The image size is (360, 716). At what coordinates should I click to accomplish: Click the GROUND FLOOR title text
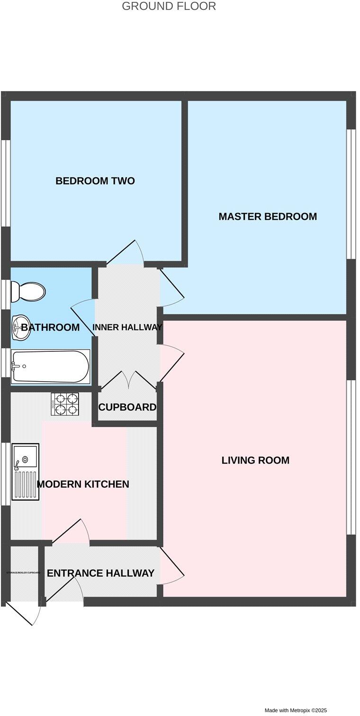point(169,7)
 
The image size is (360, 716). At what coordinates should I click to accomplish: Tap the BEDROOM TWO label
point(95,181)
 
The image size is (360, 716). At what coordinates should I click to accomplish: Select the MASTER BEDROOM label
point(268,217)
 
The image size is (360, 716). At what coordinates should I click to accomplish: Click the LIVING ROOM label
point(255,460)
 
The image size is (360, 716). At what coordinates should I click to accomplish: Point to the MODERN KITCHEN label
point(83,484)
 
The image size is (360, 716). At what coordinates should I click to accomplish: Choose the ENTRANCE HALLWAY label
point(101,573)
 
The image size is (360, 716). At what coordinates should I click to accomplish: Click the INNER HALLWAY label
point(127,327)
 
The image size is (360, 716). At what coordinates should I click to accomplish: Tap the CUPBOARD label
point(127,407)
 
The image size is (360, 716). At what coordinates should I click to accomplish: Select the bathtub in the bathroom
point(50,367)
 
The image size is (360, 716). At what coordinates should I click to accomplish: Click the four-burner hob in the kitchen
point(65,404)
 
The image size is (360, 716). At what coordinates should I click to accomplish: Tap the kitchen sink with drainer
point(25,472)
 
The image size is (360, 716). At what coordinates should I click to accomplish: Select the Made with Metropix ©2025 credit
point(296,710)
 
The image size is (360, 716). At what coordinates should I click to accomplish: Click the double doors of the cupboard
point(128,381)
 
